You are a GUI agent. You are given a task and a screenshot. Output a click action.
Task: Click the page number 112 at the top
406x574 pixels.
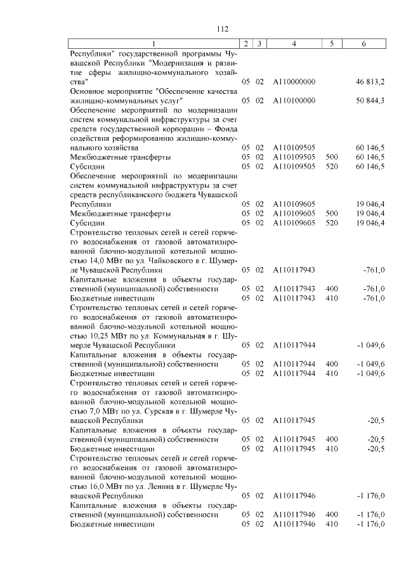point(222,29)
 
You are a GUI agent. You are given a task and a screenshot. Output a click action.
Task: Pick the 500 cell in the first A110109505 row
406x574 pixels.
point(331,157)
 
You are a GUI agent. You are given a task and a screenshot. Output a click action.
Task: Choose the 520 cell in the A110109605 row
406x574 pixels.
point(331,223)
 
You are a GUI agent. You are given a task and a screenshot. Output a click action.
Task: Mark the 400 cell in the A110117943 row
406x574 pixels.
point(331,289)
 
